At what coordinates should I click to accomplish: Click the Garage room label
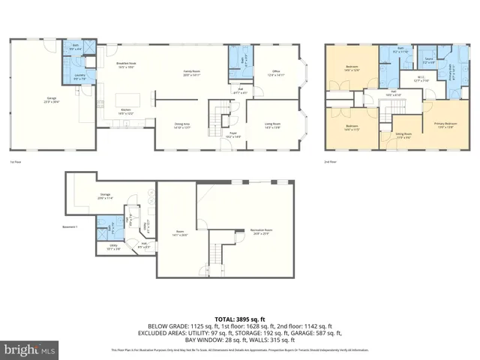[x=52, y=98]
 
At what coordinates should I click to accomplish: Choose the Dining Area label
[x=182, y=127]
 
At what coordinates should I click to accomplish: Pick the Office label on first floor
[x=275, y=73]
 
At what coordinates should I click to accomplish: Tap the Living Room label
[x=272, y=124]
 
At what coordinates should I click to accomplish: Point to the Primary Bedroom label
[x=445, y=124]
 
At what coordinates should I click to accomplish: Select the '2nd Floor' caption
[x=331, y=161]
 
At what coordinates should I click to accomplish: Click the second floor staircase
[x=385, y=110]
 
